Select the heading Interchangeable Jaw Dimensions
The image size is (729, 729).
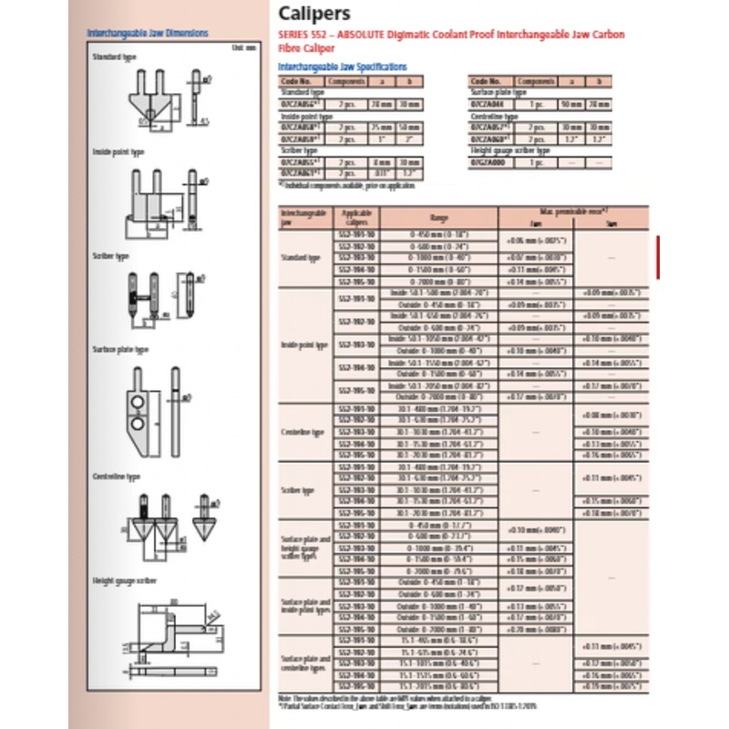[x=147, y=34]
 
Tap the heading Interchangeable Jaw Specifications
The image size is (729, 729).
[x=342, y=67]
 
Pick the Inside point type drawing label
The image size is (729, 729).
[x=119, y=151]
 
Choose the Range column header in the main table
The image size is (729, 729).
[x=438, y=218]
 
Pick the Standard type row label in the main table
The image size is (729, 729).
[x=303, y=258]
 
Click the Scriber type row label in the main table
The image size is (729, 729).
[x=303, y=490]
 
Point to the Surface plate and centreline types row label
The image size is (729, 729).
[x=303, y=663]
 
